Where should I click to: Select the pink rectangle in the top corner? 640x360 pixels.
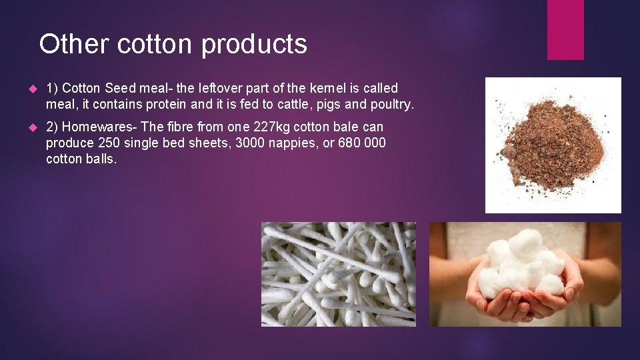tap(565, 30)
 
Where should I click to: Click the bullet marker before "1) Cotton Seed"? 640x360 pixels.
tap(31, 89)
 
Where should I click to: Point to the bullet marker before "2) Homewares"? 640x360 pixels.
tap(31, 127)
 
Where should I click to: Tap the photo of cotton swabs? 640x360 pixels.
tap(338, 274)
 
